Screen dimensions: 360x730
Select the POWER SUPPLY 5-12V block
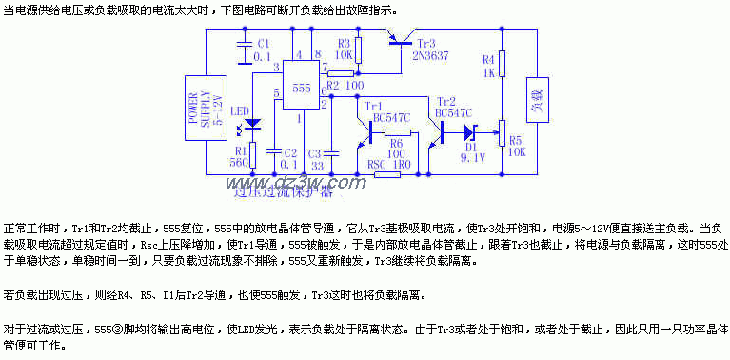190,108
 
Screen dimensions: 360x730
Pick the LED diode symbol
254,124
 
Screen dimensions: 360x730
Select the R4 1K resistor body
502,63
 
